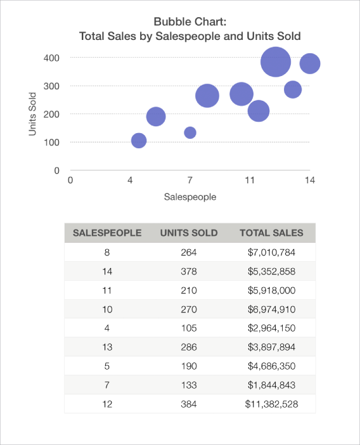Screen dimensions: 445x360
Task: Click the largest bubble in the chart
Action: (x=275, y=61)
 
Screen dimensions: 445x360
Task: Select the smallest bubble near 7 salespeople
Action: (x=190, y=132)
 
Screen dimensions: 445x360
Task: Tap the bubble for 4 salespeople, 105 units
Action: (x=139, y=141)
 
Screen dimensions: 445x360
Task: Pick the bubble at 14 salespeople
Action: (x=309, y=63)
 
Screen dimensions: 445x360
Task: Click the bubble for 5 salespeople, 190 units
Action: (x=156, y=117)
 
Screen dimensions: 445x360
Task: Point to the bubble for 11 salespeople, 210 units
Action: (x=258, y=111)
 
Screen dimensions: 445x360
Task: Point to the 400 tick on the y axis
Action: (x=51, y=58)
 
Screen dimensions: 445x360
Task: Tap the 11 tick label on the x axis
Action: (x=250, y=181)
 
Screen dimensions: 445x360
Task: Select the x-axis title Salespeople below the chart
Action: (x=190, y=197)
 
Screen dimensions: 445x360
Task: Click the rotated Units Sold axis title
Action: (x=32, y=114)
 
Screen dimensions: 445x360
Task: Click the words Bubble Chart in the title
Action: (x=190, y=23)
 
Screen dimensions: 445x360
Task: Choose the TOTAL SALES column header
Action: (x=271, y=233)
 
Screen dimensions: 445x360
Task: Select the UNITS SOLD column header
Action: (x=189, y=233)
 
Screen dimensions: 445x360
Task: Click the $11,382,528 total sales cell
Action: (x=271, y=404)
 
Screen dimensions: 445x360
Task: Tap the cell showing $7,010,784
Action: (x=271, y=252)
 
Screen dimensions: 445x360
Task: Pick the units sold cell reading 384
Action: (x=189, y=404)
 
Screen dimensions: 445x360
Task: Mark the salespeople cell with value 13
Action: (x=106, y=347)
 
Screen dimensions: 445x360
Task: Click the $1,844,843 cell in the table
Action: (x=271, y=385)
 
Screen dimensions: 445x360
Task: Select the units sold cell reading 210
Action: (x=189, y=290)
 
